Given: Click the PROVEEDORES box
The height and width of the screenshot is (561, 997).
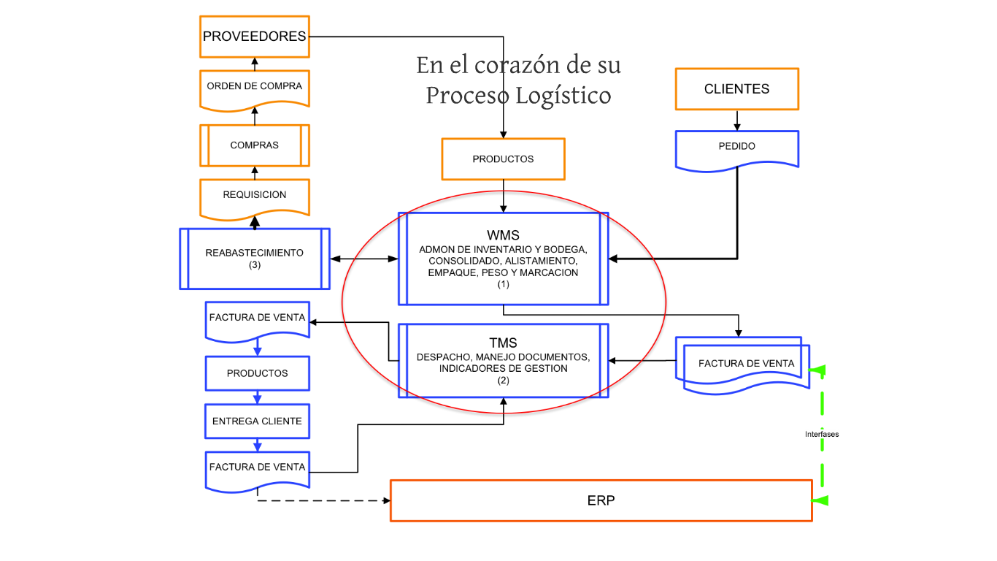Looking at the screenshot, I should coord(254,37).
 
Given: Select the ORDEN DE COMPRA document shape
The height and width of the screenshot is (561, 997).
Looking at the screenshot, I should coord(254,87).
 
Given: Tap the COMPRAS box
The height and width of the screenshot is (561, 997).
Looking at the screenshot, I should coord(254,145).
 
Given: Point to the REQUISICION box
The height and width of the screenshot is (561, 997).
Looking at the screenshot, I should coord(254,195).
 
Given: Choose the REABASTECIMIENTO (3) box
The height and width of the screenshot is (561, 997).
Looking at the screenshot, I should coord(254,259).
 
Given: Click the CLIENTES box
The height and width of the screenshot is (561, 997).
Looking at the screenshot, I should coord(736,89).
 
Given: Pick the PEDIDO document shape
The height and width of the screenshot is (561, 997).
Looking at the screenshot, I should coord(736,147).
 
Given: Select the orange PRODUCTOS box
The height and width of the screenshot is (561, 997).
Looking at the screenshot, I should coord(503,159).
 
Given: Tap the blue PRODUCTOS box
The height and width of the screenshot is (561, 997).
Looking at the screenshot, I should coord(257,373).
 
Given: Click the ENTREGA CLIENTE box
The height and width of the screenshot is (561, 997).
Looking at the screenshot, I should coord(257,421).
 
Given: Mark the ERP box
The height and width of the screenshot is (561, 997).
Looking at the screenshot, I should coord(601,501).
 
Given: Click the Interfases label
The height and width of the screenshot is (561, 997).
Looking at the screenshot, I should coord(822,434).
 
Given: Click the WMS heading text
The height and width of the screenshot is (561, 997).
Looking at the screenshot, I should coord(503,235).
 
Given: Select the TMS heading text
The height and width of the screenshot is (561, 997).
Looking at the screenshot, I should coord(503,343).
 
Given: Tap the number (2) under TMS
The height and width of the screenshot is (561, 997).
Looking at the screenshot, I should coord(503,381).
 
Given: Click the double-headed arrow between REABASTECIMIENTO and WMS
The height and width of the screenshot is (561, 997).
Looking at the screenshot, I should coord(363,259).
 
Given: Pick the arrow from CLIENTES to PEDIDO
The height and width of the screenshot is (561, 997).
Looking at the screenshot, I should coord(736,121).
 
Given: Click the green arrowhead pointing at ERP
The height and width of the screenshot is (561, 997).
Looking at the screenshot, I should coord(821,500).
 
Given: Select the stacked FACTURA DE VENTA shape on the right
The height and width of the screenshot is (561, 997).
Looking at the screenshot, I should coord(744,364).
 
